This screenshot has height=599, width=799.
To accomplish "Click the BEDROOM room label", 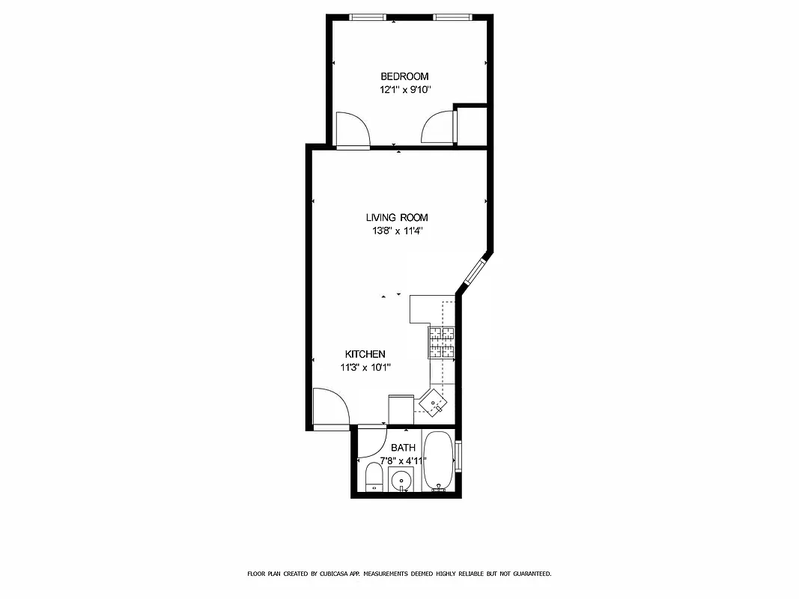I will (x=404, y=76).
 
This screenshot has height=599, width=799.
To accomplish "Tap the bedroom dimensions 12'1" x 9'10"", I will (x=404, y=90).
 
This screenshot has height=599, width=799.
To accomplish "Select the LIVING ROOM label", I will (x=397, y=217).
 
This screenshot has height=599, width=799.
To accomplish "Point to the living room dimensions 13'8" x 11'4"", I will (x=397, y=231).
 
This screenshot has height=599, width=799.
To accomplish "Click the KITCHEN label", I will (x=365, y=354).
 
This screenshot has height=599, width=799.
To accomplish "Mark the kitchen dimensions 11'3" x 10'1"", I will (x=365, y=367).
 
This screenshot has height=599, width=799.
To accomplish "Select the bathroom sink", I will (x=402, y=480).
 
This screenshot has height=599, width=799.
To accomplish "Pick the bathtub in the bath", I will (x=438, y=461).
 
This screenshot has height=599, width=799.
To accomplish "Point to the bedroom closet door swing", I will (x=438, y=127).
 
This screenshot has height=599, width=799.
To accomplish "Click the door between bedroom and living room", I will (x=353, y=130).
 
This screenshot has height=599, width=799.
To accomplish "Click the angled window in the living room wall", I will (x=474, y=271).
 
